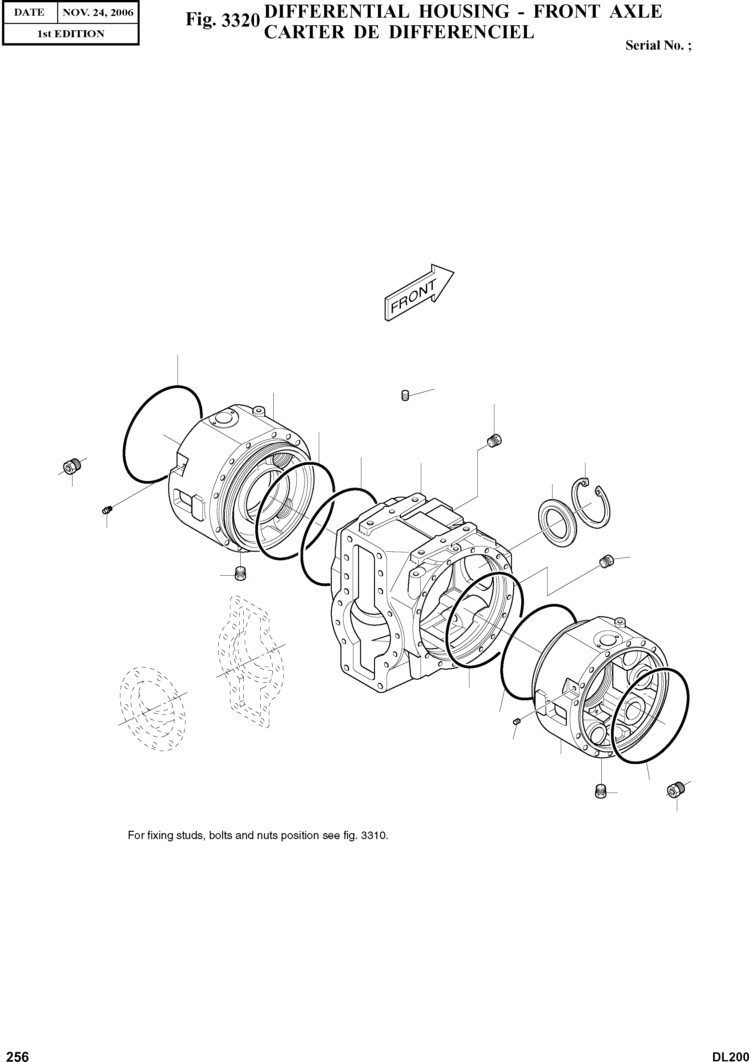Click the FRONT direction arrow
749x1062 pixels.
419,293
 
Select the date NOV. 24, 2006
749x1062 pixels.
98,13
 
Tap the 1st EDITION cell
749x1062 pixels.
70,34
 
